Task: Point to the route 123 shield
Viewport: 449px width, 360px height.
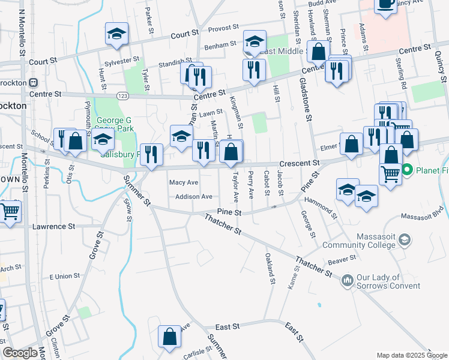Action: [122, 96]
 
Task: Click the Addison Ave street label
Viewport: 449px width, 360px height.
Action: [194, 197]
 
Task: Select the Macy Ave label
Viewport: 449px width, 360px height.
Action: [184, 182]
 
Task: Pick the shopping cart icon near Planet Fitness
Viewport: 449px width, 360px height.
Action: [390, 175]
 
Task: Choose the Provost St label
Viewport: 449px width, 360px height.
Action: [224, 28]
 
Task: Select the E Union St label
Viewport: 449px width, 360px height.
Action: [64, 276]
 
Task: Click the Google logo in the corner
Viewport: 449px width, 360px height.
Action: [20, 353]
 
